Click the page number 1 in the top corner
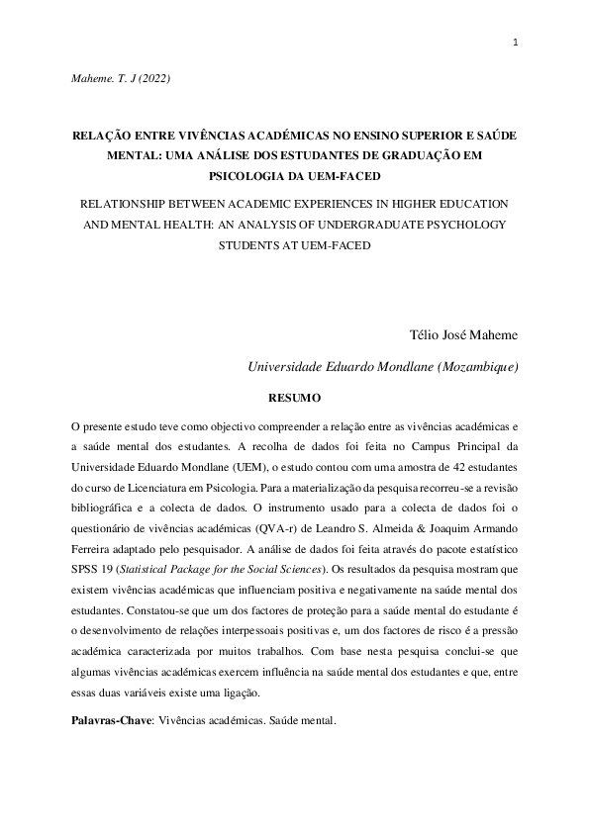click(516, 43)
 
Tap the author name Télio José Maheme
click(463, 335)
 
